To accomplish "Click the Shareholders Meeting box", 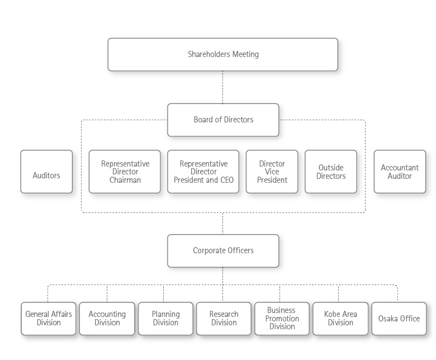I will (x=222, y=54).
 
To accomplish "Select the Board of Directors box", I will (x=222, y=120).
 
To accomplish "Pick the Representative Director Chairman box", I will (x=125, y=172).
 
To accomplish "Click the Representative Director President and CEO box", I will (x=203, y=172).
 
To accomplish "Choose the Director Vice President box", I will (x=272, y=172).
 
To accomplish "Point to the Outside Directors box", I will (x=330, y=172).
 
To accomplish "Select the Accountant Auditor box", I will (x=400, y=172).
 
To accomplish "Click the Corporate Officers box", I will (x=222, y=250).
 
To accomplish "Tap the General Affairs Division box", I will (x=49, y=319).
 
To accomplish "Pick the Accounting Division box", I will (x=107, y=319).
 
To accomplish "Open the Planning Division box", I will (x=165, y=319).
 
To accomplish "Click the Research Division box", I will (x=224, y=319).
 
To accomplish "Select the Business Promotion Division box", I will (x=282, y=319).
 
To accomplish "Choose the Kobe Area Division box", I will (x=340, y=319).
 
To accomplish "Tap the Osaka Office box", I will (x=399, y=319).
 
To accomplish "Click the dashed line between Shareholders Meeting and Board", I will (x=222, y=87).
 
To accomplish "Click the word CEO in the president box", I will (x=226, y=180).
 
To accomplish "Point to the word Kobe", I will (x=333, y=314).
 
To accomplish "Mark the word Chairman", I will (x=125, y=180).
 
